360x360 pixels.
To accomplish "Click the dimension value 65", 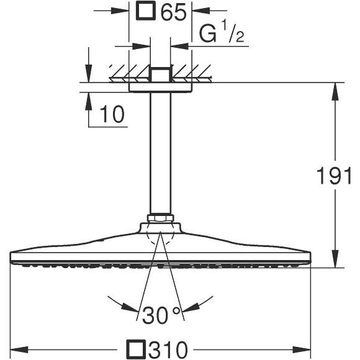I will point(173,12).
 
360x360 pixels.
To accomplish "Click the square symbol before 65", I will point(146,12).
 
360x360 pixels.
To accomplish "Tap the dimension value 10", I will point(112,114).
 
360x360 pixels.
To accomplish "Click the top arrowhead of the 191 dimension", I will point(336,89).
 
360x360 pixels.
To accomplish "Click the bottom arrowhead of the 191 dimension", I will point(336,261).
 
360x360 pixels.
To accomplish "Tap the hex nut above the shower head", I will point(160,218).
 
